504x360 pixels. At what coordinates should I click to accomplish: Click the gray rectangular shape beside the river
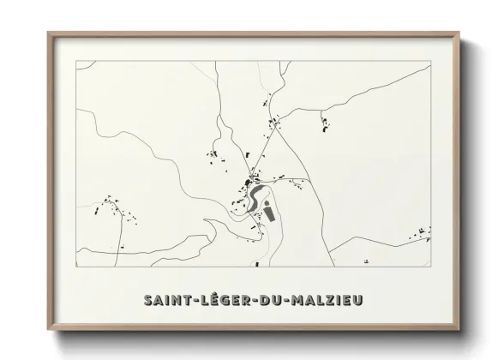(x=269, y=210)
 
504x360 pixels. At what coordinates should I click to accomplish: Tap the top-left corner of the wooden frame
(x=49, y=33)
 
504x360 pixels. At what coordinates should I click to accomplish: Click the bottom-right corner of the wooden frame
(x=459, y=331)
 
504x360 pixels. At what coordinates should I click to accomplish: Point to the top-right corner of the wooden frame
(x=459, y=33)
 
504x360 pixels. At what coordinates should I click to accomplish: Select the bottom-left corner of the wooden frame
(x=49, y=331)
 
